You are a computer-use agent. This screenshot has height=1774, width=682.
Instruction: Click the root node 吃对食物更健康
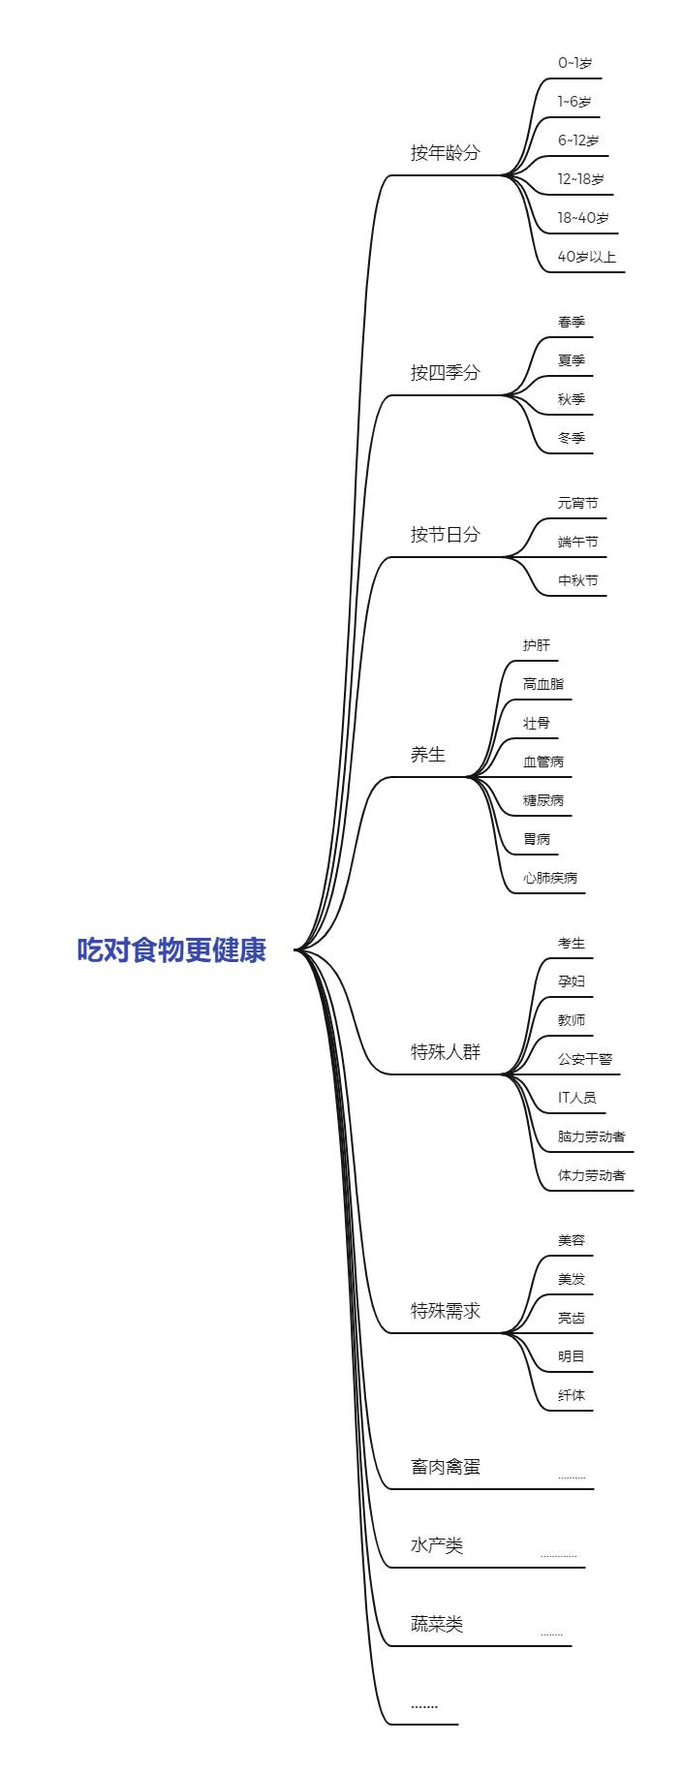pos(171,949)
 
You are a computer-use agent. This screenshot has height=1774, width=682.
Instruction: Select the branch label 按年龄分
pos(445,153)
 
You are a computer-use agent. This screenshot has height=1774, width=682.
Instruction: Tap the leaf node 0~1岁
pos(574,63)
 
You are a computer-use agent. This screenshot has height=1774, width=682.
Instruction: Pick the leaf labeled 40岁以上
pos(586,257)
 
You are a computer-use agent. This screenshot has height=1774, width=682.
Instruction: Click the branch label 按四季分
pos(445,373)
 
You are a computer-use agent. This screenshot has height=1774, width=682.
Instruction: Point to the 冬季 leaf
pos(572,438)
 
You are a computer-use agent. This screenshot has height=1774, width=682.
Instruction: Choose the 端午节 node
pos(577,542)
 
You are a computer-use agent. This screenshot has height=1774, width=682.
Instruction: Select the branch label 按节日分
pos(445,535)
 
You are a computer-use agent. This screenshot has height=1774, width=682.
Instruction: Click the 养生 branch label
pos(427,755)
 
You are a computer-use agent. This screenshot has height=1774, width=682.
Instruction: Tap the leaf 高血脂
pos(542,684)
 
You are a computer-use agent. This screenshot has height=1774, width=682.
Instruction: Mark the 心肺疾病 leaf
pos(549,878)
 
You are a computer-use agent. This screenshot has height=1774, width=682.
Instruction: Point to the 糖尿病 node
pos(542,800)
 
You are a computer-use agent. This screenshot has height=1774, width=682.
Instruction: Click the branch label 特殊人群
pos(445,1052)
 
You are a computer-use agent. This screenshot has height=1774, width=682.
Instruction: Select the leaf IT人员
pos(576,1098)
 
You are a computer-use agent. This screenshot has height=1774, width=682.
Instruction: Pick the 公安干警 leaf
pos(584,1059)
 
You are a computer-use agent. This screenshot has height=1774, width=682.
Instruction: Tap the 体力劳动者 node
pos(591,1175)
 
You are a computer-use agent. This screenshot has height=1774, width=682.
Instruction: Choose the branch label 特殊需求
pos(445,1311)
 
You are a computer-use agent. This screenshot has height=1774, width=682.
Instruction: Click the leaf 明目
pos(571,1356)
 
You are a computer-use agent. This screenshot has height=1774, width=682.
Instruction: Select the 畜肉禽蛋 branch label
pos(445,1467)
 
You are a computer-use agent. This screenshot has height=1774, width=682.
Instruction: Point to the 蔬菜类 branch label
pos(436,1624)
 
